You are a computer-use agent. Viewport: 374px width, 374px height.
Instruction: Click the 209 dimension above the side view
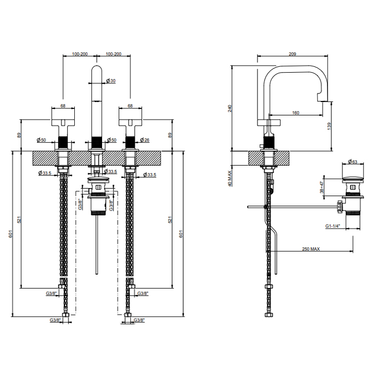pos(292,54)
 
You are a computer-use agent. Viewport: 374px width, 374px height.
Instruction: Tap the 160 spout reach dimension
pos(295,113)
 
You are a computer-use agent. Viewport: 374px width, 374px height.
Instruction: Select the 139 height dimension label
pos(330,126)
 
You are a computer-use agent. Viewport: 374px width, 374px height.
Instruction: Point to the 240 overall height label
pos(230,108)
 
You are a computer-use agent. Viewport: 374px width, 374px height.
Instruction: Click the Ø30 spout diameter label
pos(111,81)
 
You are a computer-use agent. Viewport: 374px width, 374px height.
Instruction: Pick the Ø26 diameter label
pos(145,140)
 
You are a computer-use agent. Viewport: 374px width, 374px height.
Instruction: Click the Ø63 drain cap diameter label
pos(353,162)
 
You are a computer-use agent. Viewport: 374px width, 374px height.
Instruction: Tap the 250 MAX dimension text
pos(311,249)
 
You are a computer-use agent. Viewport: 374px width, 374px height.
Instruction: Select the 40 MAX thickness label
pos(230,178)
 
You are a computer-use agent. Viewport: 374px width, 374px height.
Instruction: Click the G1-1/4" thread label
pos(332,226)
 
